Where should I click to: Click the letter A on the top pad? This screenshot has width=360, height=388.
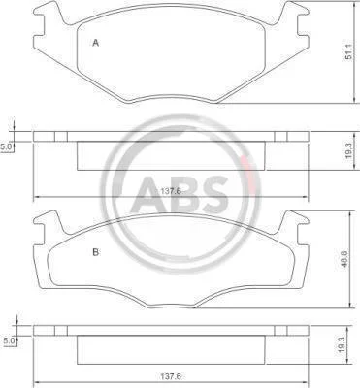[95, 43]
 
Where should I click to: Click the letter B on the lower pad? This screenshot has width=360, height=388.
[96, 252]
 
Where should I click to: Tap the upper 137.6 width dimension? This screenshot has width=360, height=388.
[171, 191]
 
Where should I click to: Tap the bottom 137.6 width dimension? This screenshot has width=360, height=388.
[171, 376]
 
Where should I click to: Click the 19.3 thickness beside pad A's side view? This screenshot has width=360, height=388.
[348, 150]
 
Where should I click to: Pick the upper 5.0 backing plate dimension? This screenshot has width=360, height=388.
[6, 147]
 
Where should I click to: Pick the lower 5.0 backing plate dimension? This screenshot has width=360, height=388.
[8, 340]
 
